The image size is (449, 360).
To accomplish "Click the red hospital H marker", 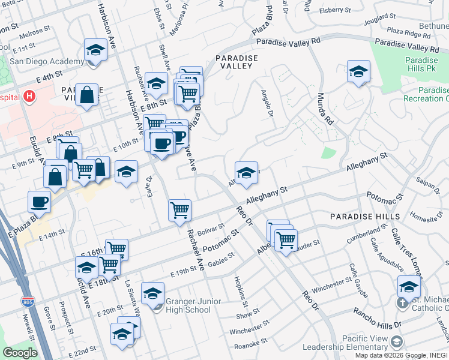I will pos(28,96).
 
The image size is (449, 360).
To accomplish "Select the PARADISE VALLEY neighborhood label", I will pos(237,62).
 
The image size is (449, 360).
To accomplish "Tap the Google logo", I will pos(20,353).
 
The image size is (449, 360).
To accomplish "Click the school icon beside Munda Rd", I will pos(358,71).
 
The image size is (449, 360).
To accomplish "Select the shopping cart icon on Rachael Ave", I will pos(179,210).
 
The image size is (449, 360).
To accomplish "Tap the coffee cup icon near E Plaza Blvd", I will pos(40,201).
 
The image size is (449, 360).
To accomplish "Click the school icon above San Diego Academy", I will pos(95,50).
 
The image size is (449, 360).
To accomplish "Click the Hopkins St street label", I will pos(237,288).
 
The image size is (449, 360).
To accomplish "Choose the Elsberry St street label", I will pos(335,10).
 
